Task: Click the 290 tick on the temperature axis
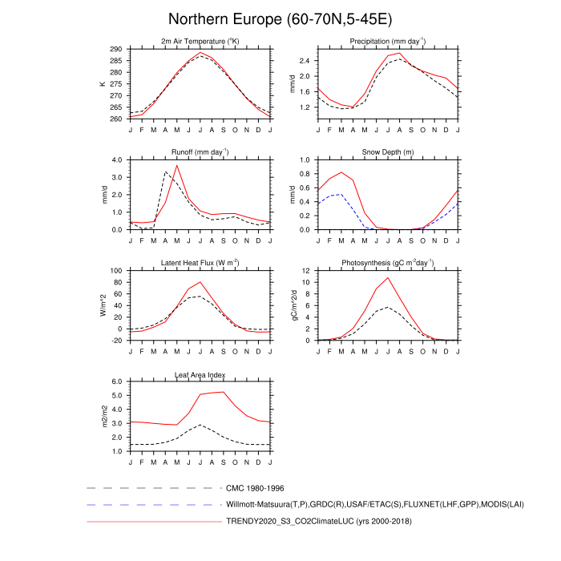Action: (116, 49)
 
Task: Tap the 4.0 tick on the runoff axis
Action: (116, 159)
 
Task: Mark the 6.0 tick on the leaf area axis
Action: (116, 382)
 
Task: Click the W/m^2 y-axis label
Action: (103, 305)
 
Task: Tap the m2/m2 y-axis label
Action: (103, 417)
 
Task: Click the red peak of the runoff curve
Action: (177, 165)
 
